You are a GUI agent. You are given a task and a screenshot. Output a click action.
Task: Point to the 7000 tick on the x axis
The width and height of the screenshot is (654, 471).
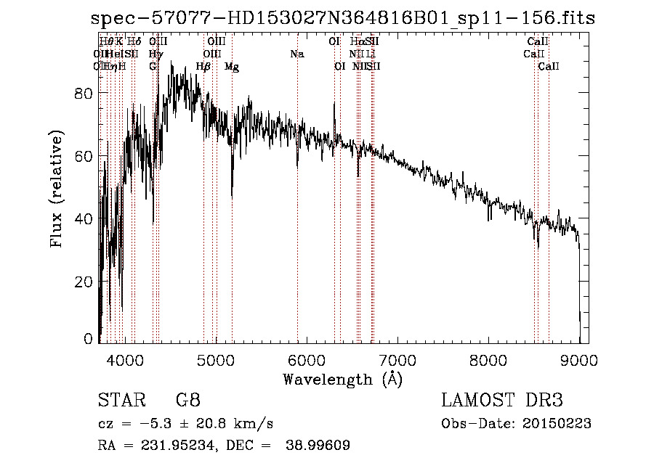point(397,359)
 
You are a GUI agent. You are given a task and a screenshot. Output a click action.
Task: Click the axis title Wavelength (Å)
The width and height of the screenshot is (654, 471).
point(342,378)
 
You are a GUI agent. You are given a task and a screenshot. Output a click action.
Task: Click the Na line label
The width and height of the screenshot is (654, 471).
point(296,54)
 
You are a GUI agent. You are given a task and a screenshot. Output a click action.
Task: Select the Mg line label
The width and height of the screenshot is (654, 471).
point(232,67)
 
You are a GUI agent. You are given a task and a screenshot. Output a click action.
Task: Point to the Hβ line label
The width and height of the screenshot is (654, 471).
point(203,67)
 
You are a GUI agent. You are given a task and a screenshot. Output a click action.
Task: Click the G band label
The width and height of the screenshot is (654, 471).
point(153,67)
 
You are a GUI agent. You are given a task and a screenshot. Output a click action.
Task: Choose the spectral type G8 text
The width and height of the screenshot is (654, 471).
point(187,401)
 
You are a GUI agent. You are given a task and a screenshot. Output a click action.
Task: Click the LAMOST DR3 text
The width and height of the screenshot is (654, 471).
point(502,401)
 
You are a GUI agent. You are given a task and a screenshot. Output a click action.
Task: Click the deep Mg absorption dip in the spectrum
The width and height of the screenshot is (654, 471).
point(232,192)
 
